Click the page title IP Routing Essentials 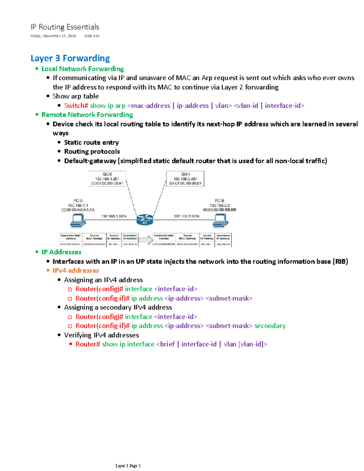(x=65, y=27)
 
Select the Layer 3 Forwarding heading (x=70, y=58)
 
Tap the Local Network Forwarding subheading (x=83, y=69)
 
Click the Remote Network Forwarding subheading (x=87, y=115)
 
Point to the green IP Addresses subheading (x=61, y=252)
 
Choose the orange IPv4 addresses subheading (x=76, y=271)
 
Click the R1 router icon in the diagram (x=145, y=219)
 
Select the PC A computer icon (x=78, y=220)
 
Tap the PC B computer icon (x=220, y=220)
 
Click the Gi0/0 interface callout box (x=107, y=179)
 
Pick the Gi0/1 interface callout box (x=185, y=179)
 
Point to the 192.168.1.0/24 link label (x=114, y=216)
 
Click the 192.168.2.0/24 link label (x=186, y=216)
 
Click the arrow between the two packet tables (x=146, y=240)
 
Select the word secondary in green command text (x=270, y=326)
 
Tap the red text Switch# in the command (x=76, y=106)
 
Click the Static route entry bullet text (x=91, y=143)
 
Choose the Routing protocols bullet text (x=92, y=152)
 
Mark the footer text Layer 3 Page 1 (x=128, y=466)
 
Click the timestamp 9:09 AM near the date (x=92, y=36)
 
